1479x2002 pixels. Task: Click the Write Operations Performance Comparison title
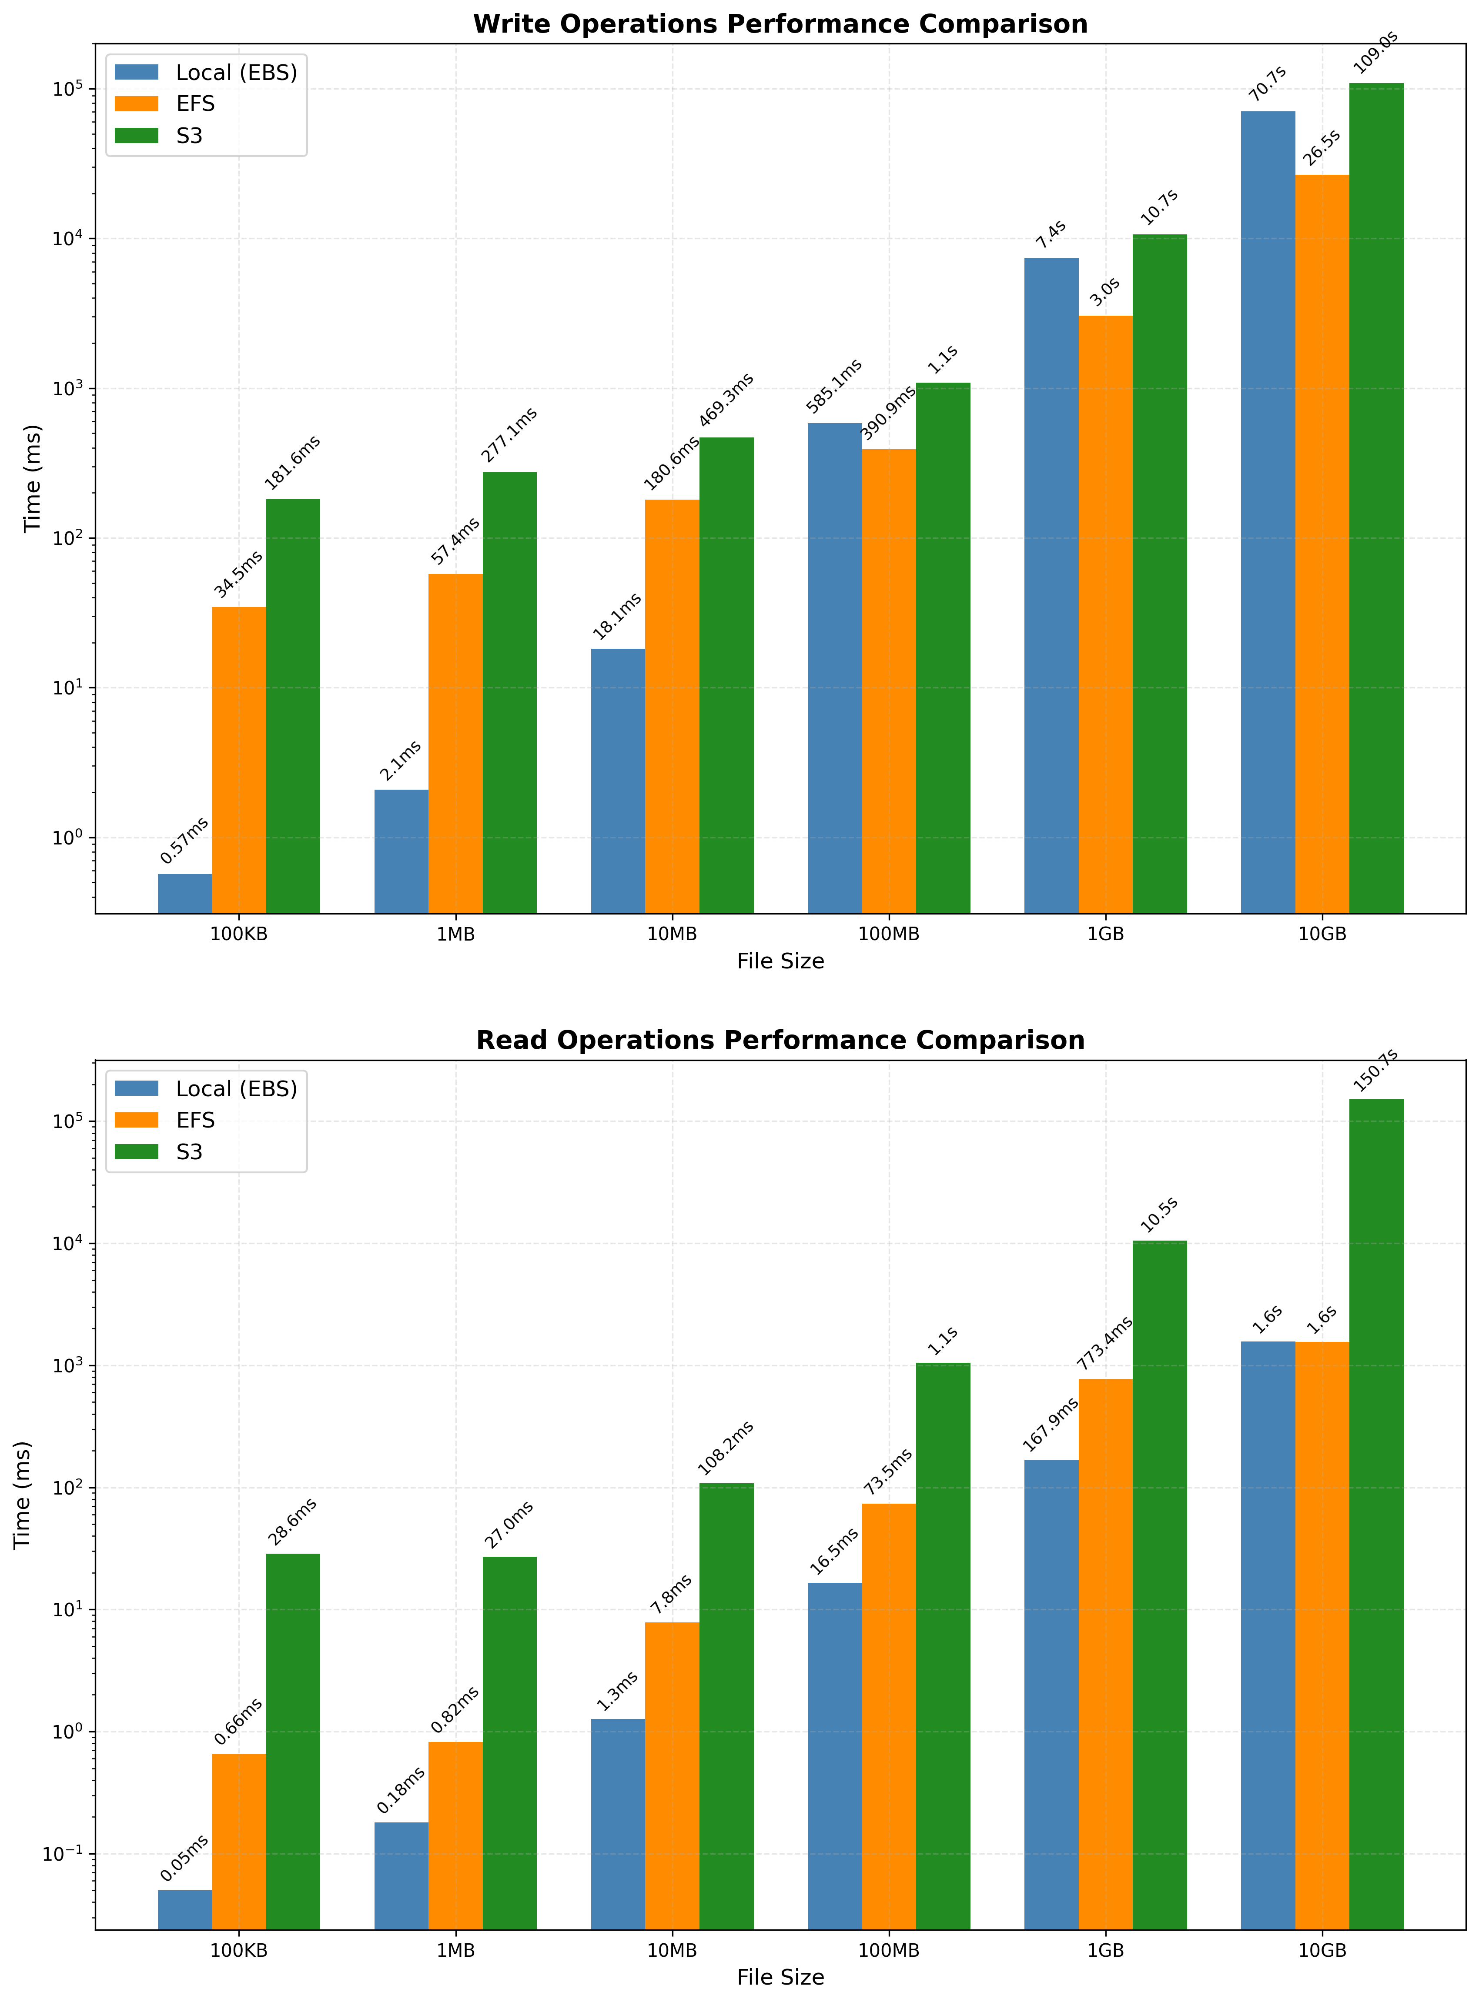(780, 24)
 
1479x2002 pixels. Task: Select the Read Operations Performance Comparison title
(780, 1041)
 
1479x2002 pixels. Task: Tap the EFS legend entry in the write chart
(195, 104)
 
